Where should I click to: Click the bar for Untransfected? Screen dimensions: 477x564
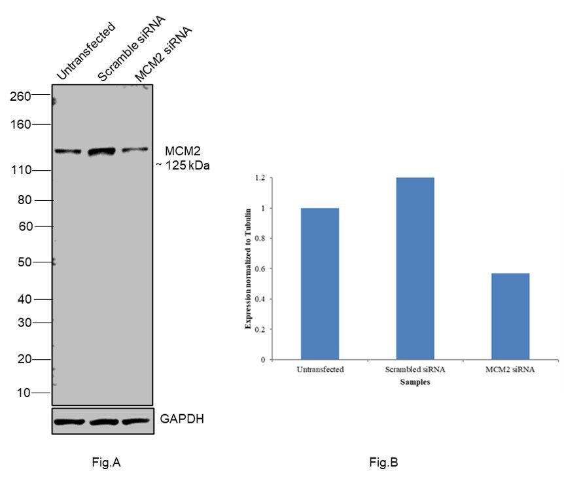point(320,283)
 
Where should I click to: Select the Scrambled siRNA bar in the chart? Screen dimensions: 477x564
point(415,268)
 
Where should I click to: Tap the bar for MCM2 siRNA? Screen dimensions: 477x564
point(510,316)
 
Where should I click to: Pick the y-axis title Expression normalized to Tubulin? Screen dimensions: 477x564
point(249,269)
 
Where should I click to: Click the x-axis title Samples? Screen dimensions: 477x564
point(415,383)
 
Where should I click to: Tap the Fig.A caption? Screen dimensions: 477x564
point(106,463)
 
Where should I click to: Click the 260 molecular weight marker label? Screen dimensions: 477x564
point(21,96)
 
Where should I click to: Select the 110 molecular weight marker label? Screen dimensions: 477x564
point(21,171)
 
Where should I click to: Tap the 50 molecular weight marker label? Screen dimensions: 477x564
point(24,262)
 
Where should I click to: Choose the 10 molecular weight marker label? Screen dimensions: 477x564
point(24,393)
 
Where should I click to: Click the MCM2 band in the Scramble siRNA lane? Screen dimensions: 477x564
point(101,151)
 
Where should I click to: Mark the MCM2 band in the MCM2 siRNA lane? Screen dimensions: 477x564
point(136,150)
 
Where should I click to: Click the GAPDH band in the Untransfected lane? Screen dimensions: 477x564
point(68,421)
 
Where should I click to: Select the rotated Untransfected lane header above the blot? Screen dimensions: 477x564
point(86,52)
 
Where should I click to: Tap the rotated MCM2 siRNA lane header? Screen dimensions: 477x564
point(164,55)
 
